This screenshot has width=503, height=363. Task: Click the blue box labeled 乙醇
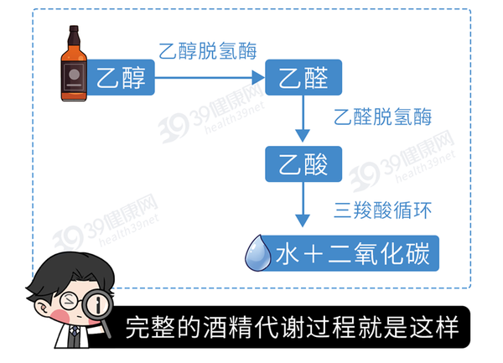pos(120,77)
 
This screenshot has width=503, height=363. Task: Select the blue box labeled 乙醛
pos(303,77)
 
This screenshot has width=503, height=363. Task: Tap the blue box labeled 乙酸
pos(303,163)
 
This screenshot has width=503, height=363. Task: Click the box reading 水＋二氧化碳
pos(350,253)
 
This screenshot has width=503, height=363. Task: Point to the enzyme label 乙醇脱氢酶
pos(208,51)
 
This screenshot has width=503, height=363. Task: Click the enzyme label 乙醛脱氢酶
pos(383,117)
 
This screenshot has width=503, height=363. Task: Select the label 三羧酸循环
pos(383,210)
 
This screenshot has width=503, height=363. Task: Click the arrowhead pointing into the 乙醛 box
pos(258,77)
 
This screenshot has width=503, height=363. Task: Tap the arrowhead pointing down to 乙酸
pos(303,136)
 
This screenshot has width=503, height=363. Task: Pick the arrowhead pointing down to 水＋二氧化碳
pos(303,221)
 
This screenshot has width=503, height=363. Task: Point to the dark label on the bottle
pos(75,77)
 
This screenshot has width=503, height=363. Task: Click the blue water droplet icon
pos(257,253)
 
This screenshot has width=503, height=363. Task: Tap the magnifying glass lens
pos(98,303)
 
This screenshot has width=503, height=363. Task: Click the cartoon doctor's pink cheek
pos(60,315)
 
